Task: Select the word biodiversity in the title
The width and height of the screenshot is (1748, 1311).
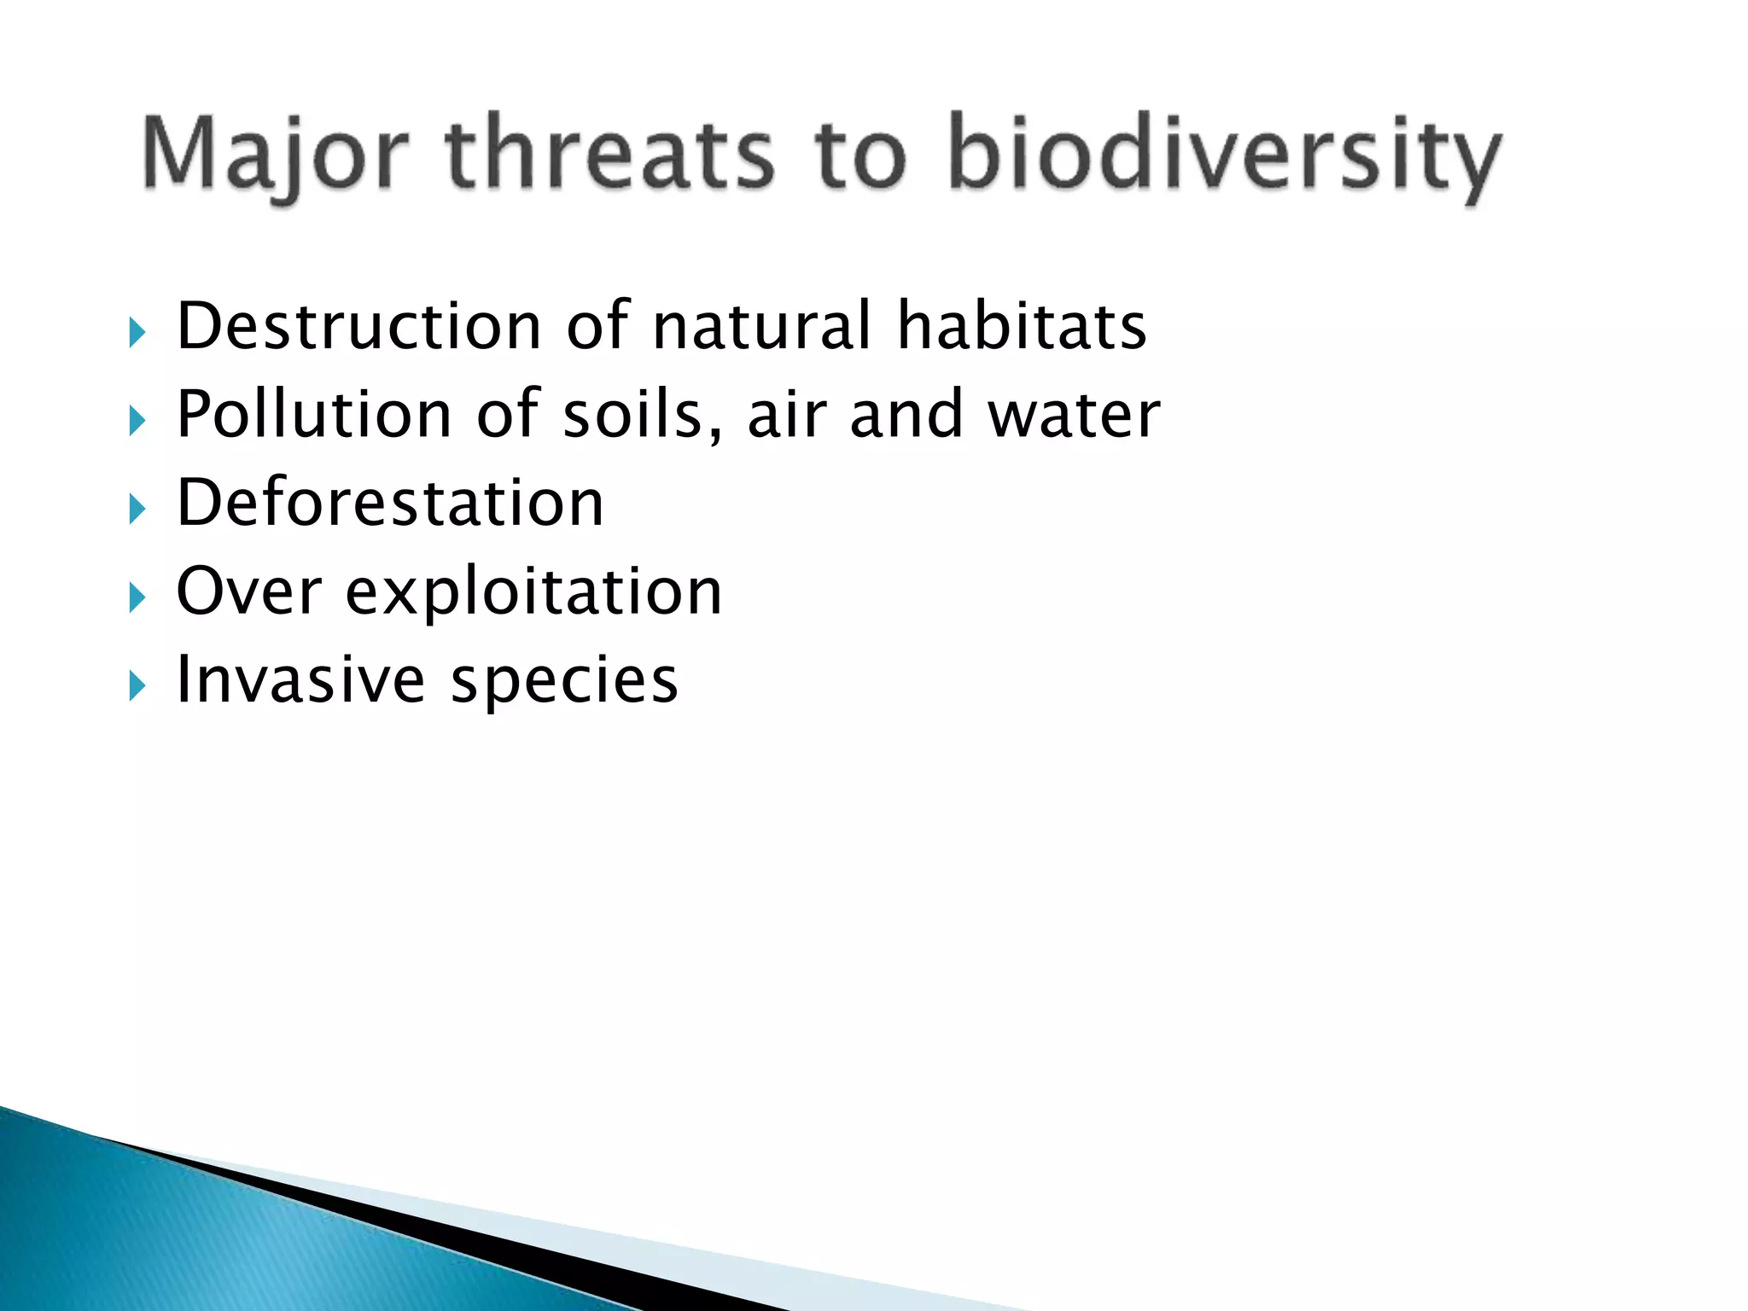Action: [1224, 155]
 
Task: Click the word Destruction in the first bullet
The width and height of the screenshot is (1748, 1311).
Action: [358, 326]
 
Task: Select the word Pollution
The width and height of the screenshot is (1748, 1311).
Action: [313, 415]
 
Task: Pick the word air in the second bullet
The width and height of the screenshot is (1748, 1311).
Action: [786, 415]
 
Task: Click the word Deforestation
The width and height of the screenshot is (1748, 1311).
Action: [390, 503]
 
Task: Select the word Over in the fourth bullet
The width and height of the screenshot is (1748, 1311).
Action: [248, 591]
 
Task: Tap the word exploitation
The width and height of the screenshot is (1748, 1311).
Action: [533, 593]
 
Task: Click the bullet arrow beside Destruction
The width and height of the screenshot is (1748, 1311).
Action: [137, 332]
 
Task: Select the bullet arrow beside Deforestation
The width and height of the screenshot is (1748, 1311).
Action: [137, 510]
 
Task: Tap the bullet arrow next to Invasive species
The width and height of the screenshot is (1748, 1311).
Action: [137, 686]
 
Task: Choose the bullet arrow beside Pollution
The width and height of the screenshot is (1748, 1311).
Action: [137, 421]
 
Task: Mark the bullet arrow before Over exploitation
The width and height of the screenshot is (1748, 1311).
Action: [137, 597]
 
